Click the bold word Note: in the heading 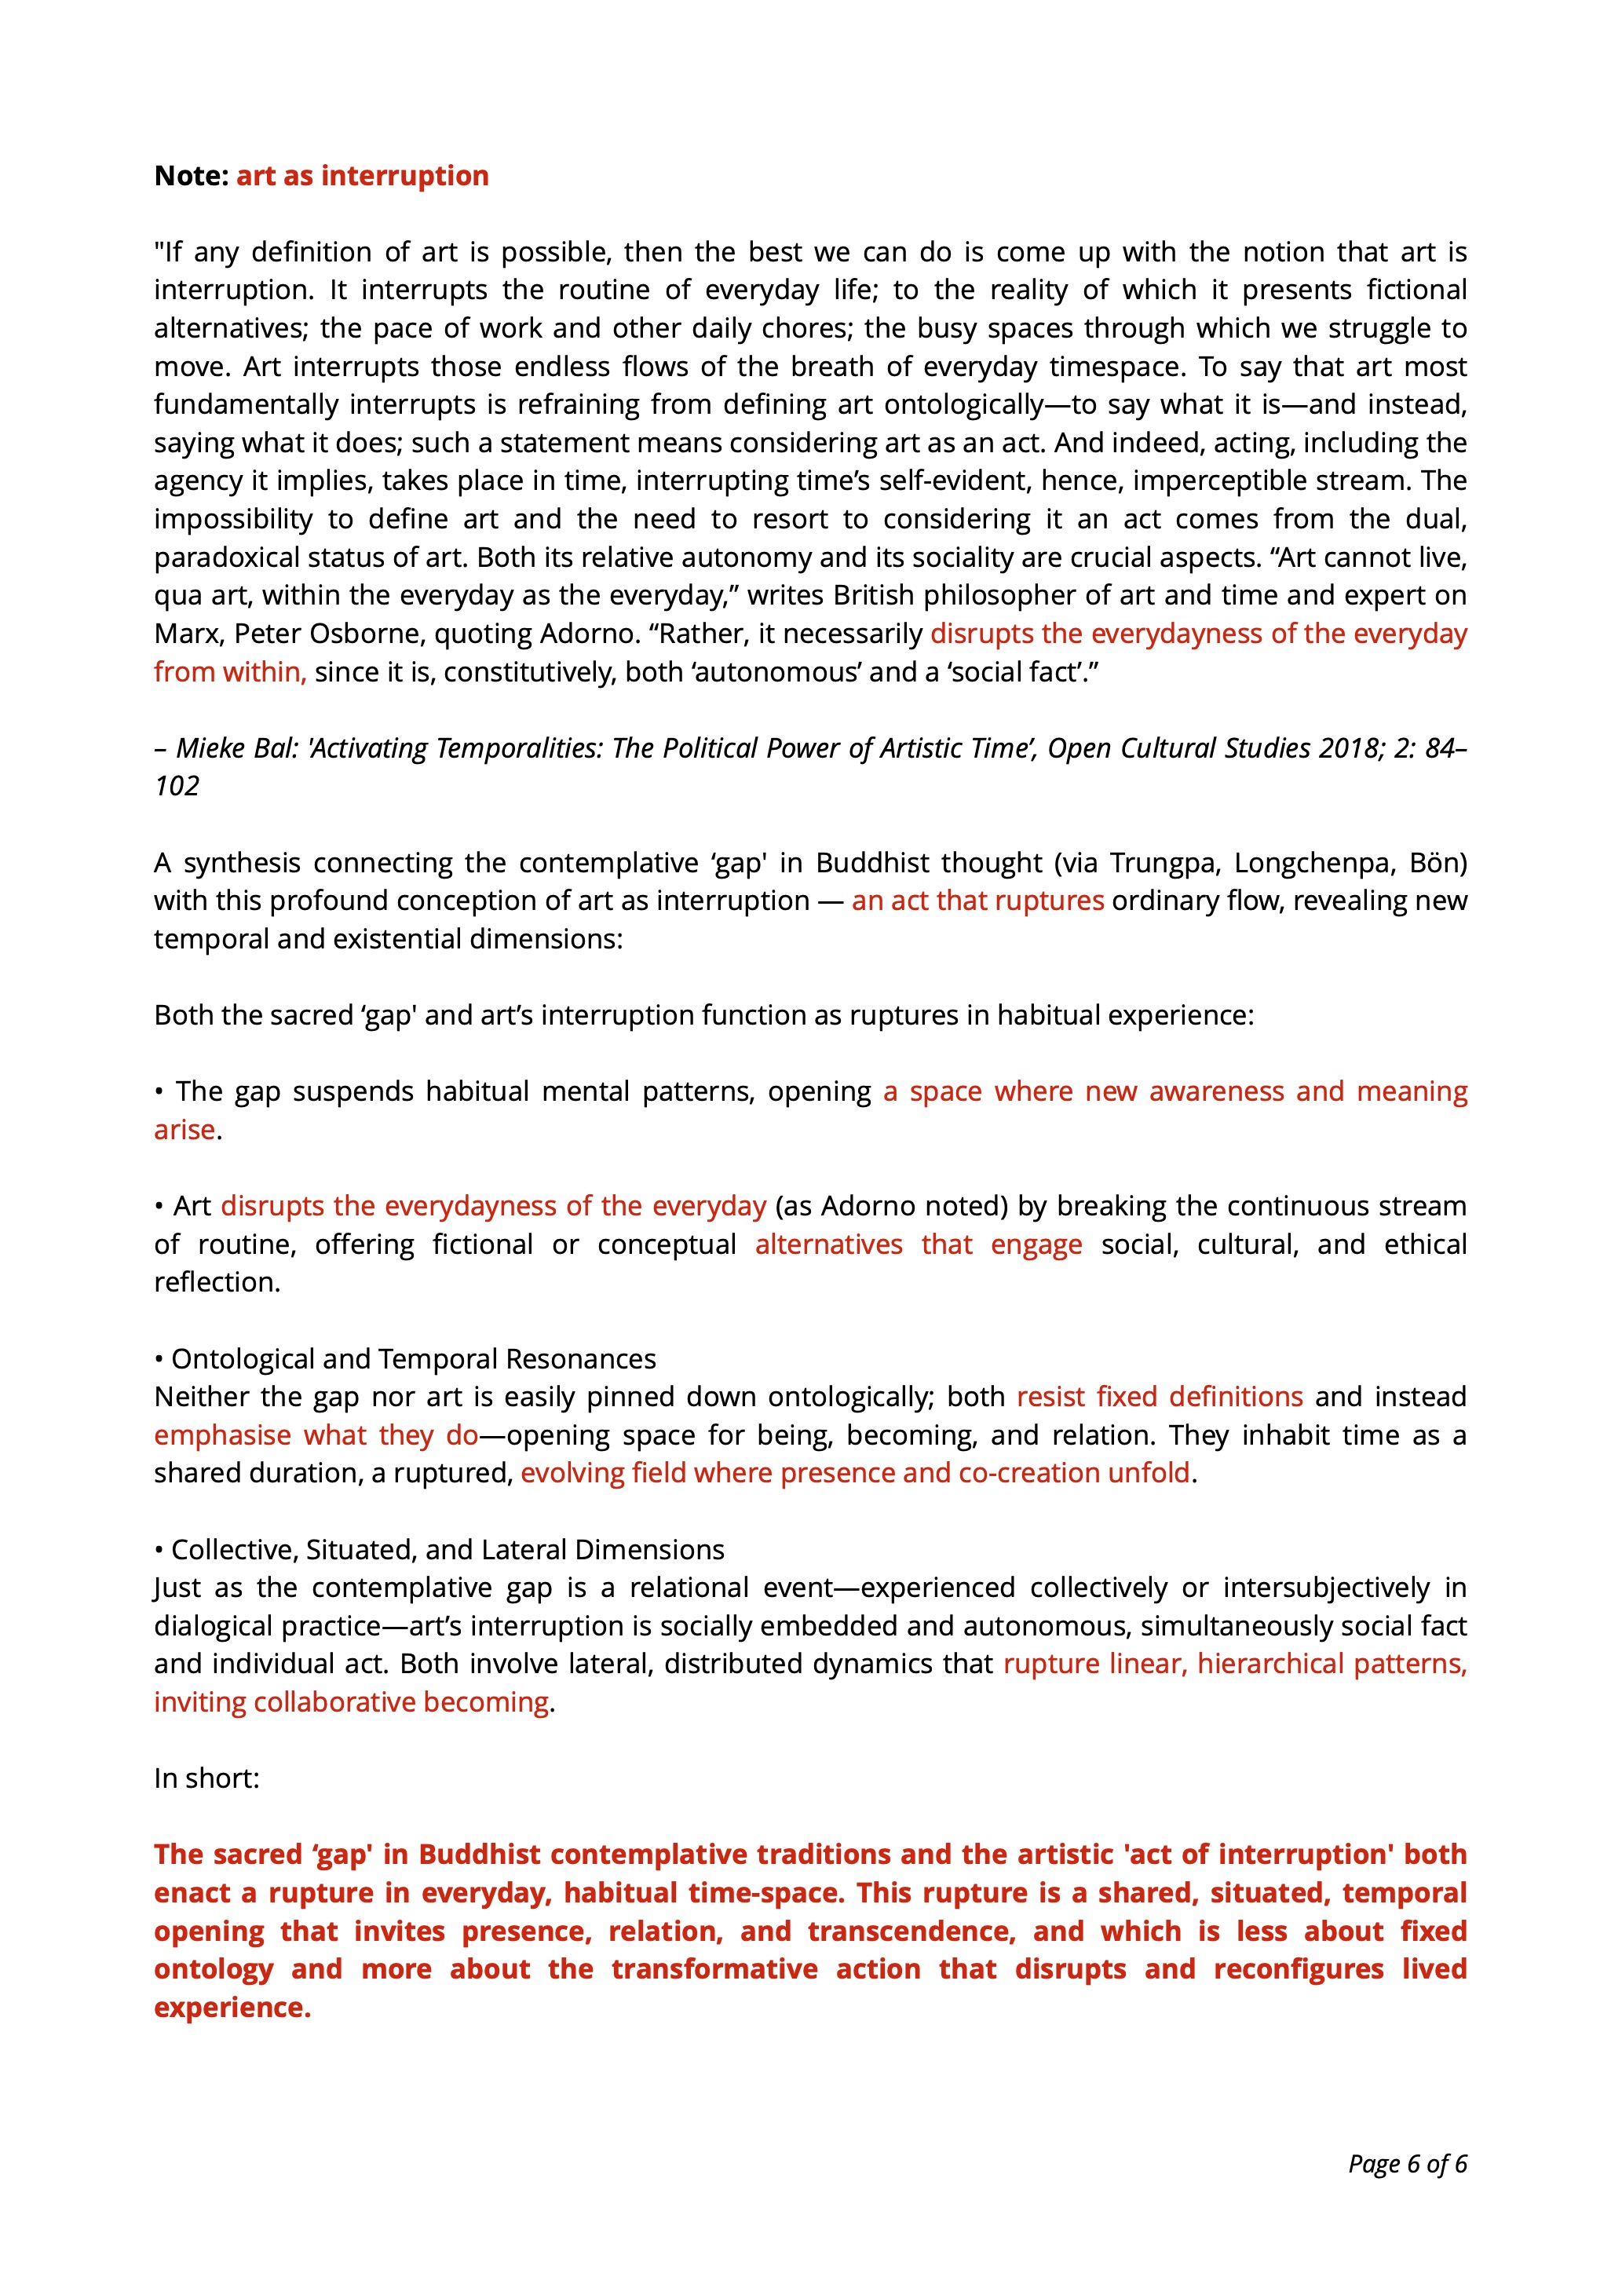192,176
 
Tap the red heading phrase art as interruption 362,176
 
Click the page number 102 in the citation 177,786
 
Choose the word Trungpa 1164,863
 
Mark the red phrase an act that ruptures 977,901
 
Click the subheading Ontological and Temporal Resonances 413,1359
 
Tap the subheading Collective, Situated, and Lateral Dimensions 447,1549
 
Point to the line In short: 207,1778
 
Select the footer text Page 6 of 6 1406,2164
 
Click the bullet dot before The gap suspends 159,1091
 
